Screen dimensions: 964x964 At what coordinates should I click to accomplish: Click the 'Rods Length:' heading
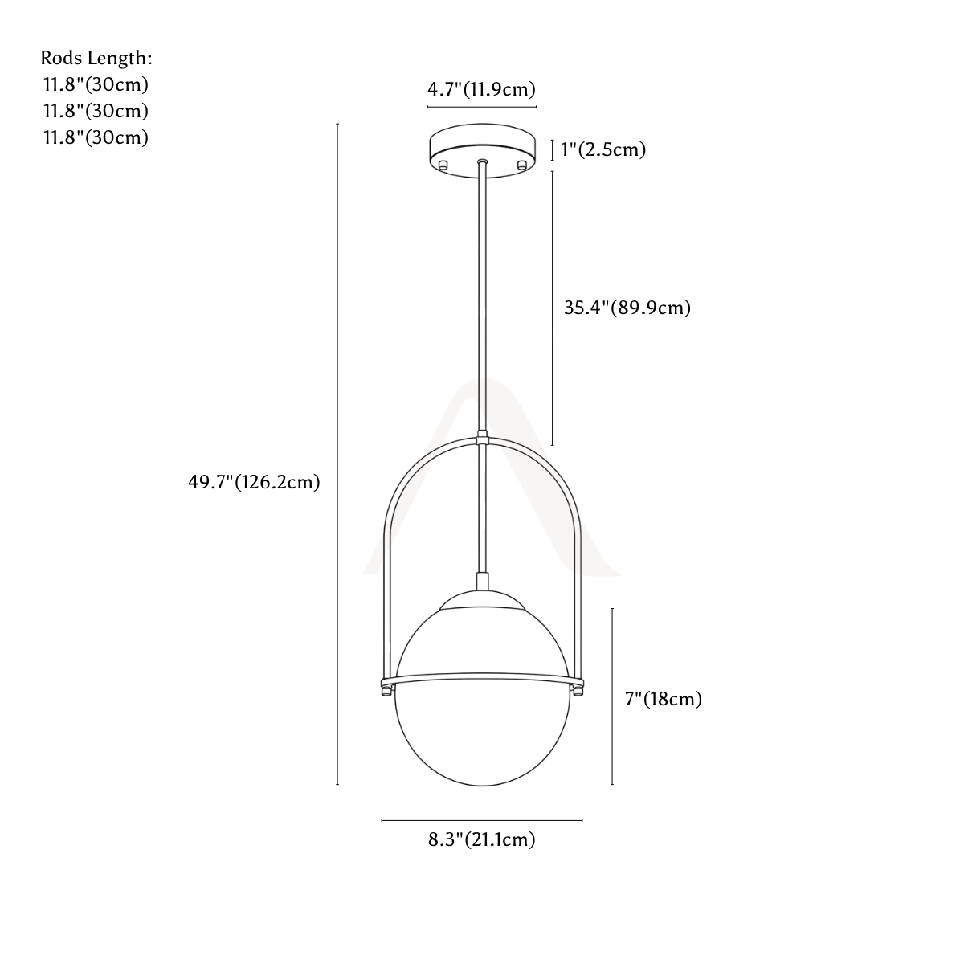point(96,58)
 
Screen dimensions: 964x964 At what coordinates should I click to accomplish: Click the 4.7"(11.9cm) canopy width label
point(481,89)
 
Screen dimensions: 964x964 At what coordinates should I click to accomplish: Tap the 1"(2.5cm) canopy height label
point(603,149)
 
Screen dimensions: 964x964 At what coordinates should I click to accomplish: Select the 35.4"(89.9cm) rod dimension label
point(627,308)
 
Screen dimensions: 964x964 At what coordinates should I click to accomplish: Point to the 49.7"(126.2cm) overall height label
point(254,482)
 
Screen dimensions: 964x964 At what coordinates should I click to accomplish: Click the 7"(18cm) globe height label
point(664,699)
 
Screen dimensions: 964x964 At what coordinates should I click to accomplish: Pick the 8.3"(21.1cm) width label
point(482,839)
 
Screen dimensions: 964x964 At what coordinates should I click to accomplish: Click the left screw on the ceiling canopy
point(442,165)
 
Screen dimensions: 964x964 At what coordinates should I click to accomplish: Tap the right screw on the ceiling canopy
point(522,165)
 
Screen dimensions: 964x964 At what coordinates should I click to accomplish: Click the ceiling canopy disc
point(482,150)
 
